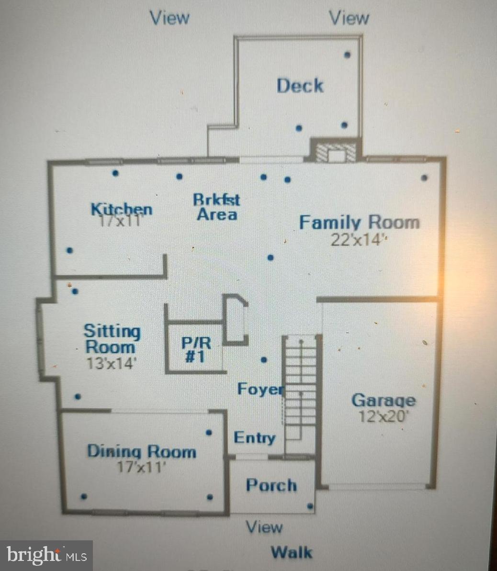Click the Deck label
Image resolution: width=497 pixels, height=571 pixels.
click(x=300, y=86)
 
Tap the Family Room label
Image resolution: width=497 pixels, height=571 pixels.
click(x=359, y=223)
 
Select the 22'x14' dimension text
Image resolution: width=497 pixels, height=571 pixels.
click(x=358, y=239)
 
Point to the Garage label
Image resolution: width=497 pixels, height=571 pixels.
click(x=384, y=400)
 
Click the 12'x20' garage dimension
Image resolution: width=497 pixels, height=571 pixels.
click(x=384, y=416)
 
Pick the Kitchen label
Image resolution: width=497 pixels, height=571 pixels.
click(x=122, y=209)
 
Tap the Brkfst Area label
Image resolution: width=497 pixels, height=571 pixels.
click(x=217, y=207)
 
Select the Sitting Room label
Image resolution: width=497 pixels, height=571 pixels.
click(x=112, y=338)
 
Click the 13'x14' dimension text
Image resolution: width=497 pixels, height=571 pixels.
click(x=112, y=362)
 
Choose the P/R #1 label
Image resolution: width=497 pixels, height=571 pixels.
click(x=195, y=349)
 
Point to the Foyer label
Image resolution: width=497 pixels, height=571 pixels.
click(x=260, y=389)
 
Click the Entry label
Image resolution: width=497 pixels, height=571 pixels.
click(x=254, y=437)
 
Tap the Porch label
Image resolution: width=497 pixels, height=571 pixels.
click(x=271, y=485)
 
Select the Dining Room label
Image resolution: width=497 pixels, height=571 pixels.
click(x=141, y=451)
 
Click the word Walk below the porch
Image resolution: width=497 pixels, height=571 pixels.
click(x=292, y=552)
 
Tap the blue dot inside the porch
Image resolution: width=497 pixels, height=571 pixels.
click(x=310, y=506)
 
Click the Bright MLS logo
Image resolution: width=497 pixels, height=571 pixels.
click(x=46, y=555)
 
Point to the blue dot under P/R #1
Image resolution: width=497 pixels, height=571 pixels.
click(x=263, y=359)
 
